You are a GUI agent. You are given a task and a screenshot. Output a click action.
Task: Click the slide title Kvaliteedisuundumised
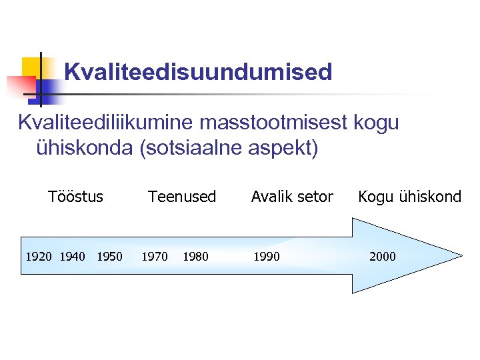198,72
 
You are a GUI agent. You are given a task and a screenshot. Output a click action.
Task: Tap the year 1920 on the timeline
39,257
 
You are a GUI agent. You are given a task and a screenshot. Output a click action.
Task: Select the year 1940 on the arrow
73,257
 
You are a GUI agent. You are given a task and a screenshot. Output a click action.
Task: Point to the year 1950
110,257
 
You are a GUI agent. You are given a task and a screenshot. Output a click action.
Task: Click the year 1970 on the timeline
155,257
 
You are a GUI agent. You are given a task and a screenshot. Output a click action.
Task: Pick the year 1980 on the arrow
195,257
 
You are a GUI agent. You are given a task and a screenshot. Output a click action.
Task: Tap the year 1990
266,257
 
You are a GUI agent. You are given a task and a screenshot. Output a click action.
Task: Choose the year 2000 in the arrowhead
382,257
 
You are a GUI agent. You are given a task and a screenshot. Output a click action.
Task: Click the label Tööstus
76,197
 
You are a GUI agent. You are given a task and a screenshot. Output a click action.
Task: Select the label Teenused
182,197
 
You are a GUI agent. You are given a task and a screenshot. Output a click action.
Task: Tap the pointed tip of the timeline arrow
460,256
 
